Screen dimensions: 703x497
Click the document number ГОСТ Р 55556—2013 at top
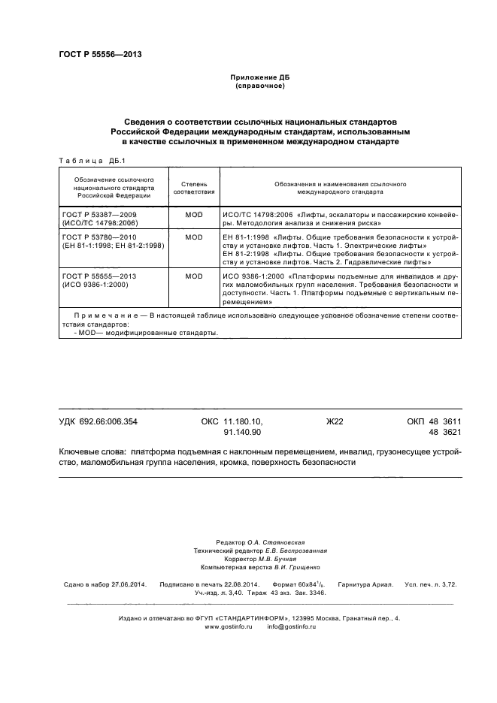tap(100, 54)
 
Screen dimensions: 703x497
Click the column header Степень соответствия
tap(194, 187)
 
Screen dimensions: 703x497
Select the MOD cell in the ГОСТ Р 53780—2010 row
tap(194, 237)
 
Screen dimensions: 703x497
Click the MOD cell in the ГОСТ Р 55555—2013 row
tap(194, 276)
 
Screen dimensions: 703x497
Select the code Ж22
tap(334, 422)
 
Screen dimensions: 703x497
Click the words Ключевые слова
tap(92, 453)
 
